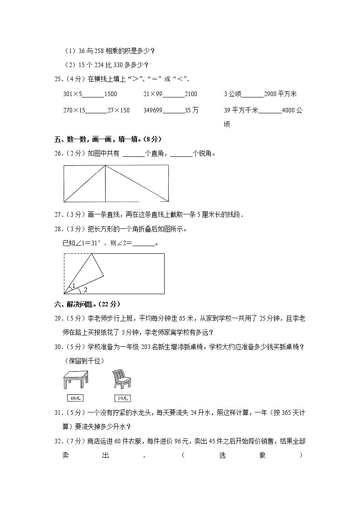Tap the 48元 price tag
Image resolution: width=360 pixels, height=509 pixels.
[x=76, y=398]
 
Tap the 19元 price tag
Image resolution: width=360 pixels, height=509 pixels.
[x=122, y=398]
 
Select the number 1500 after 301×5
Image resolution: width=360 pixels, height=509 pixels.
[x=110, y=94]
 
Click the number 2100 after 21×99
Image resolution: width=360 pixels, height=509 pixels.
[x=191, y=94]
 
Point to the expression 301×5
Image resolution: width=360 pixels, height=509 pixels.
[x=73, y=94]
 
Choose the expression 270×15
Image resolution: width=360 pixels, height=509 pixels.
[x=75, y=110]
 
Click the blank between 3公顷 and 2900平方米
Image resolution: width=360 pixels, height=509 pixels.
[x=253, y=94]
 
